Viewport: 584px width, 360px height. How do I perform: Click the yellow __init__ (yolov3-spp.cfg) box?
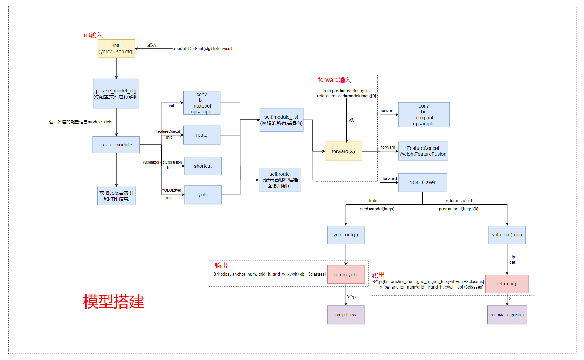point(116,48)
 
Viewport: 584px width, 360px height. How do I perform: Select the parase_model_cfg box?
point(116,94)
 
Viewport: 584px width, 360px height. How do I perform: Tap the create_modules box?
point(116,145)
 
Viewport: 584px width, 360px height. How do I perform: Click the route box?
point(201,135)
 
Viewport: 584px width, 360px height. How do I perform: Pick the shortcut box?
point(202,166)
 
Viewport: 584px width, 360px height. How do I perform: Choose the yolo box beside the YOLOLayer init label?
point(202,195)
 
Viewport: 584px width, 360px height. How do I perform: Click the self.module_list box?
point(281,120)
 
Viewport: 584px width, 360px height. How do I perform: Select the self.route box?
point(280,180)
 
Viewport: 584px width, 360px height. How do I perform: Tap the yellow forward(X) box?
point(343,151)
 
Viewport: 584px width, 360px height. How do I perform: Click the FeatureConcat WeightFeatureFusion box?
point(422,151)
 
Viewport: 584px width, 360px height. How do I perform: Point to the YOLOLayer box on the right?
point(422,182)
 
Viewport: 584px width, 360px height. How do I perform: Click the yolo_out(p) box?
point(345,235)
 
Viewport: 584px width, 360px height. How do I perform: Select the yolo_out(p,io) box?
point(507,235)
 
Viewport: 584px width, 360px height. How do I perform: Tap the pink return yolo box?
point(345,275)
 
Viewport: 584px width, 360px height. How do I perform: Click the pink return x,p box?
point(507,284)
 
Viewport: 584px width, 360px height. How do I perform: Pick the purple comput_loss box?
point(345,315)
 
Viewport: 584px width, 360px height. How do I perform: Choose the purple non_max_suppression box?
point(507,315)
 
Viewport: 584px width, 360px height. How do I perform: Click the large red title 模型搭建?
point(114,302)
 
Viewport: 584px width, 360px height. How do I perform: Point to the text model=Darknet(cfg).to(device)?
point(203,49)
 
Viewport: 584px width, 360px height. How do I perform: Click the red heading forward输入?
point(334,80)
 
